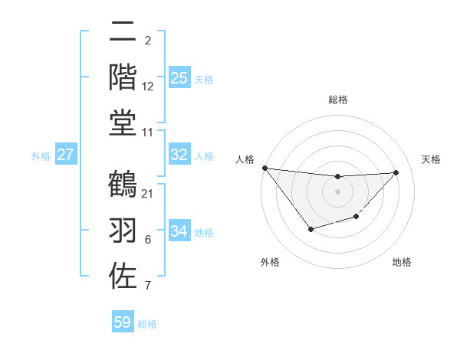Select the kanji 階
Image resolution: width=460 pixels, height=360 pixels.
[x=123, y=77]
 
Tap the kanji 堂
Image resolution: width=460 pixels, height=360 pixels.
[x=123, y=123]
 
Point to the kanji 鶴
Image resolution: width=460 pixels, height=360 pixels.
[x=123, y=185]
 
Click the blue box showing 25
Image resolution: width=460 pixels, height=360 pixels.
[x=179, y=78]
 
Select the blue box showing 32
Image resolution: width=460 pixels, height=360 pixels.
[x=179, y=155]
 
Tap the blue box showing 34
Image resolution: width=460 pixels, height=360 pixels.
[x=179, y=231]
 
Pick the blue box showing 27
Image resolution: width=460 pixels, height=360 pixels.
[x=66, y=155]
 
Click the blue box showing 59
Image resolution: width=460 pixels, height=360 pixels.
[x=123, y=322]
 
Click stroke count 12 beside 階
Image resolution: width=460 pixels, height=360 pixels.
[x=148, y=87]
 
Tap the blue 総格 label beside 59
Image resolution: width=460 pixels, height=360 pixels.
[x=148, y=324]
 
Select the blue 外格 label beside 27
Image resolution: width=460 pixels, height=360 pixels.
[x=41, y=156]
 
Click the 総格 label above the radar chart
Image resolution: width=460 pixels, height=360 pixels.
[x=337, y=100]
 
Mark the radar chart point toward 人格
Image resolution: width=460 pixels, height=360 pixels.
[x=264, y=168]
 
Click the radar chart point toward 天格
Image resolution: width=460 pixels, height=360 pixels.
[x=396, y=172]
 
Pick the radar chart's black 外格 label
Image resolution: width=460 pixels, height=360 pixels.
[x=270, y=262]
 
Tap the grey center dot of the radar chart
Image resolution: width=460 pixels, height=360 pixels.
[x=337, y=191]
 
